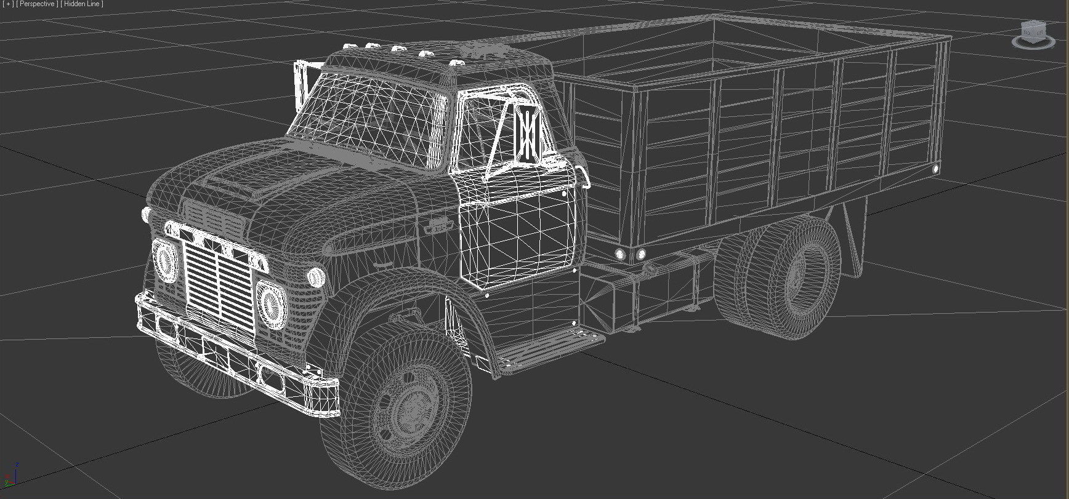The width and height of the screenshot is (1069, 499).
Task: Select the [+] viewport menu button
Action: (7, 4)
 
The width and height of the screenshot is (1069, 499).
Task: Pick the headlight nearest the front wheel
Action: (269, 303)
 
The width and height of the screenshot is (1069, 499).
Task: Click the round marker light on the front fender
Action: (316, 276)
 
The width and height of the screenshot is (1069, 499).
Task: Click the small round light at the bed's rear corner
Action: (936, 168)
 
